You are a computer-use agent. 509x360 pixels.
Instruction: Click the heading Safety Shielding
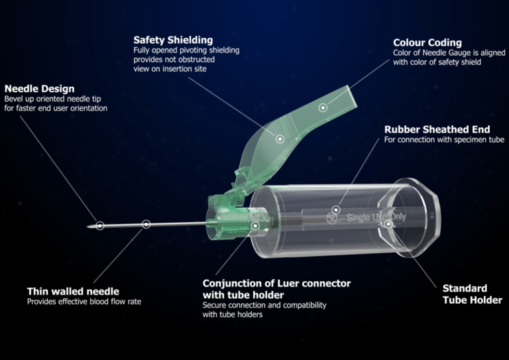tap(173, 40)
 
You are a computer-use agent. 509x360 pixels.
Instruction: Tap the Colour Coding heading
tap(427, 42)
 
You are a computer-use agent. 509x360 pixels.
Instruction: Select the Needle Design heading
tap(40, 89)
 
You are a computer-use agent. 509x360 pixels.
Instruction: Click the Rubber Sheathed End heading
tap(437, 129)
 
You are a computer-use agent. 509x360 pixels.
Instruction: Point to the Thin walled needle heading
tap(73, 291)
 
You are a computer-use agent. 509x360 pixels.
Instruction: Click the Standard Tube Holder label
tap(473, 294)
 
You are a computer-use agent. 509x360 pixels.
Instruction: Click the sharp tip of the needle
tap(87, 226)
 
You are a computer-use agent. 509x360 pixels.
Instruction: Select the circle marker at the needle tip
tap(99, 225)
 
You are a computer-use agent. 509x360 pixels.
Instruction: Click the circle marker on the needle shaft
tap(146, 224)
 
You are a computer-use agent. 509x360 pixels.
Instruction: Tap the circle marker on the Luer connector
tap(255, 226)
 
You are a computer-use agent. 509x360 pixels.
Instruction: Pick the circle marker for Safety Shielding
tap(280, 139)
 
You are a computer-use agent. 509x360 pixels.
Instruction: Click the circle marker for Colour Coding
tap(323, 107)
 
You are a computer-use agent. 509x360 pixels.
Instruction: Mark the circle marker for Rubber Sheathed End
tap(336, 210)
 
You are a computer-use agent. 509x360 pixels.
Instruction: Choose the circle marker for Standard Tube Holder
tap(388, 224)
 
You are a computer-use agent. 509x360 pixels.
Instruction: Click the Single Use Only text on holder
tap(376, 217)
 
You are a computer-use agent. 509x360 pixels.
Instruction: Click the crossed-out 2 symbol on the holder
tap(331, 219)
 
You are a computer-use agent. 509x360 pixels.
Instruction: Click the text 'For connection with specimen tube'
tap(444, 140)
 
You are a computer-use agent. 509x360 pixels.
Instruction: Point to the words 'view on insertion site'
tap(170, 68)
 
